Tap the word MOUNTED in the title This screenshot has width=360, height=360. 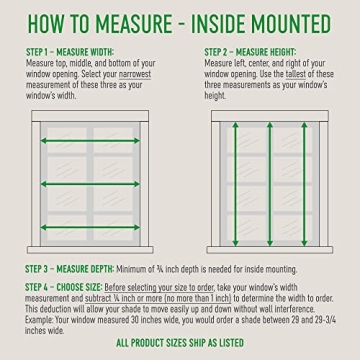299,21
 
